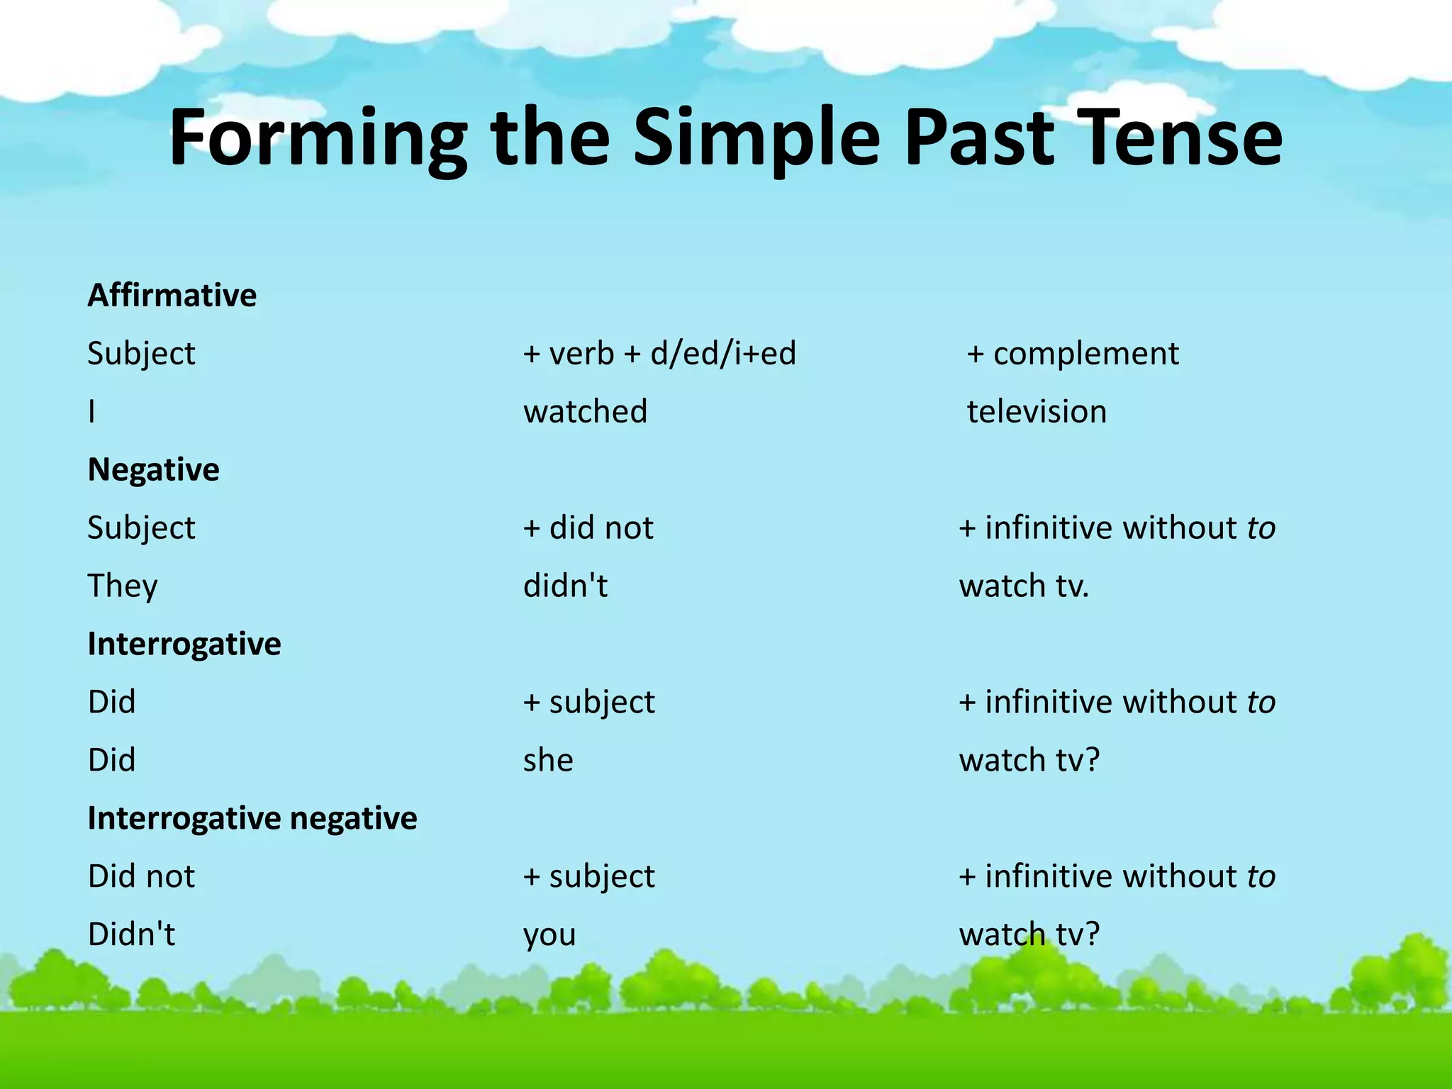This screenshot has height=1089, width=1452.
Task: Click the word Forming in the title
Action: pyautogui.click(x=318, y=138)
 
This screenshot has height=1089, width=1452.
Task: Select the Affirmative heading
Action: pyautogui.click(x=172, y=295)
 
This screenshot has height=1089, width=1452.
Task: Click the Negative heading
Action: pyautogui.click(x=153, y=469)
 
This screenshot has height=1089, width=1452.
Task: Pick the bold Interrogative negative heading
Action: pyautogui.click(x=252, y=818)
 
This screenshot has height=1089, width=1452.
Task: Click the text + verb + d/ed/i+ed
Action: pyautogui.click(x=659, y=353)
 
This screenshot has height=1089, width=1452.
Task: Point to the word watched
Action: pyautogui.click(x=585, y=411)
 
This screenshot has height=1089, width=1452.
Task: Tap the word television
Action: pyautogui.click(x=1037, y=411)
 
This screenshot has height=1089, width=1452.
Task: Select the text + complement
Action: pyautogui.click(x=1073, y=353)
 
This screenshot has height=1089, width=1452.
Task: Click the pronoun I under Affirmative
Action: pyautogui.click(x=91, y=411)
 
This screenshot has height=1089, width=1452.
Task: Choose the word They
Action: pyautogui.click(x=122, y=586)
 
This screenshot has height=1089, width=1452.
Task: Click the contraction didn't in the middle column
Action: pyautogui.click(x=565, y=586)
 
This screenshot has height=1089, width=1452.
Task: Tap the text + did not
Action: pyautogui.click(x=588, y=527)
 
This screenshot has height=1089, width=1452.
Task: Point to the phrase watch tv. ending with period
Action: pyautogui.click(x=1023, y=586)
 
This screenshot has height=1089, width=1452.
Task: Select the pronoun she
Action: pyautogui.click(x=548, y=760)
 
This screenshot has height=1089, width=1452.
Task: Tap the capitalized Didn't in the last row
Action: pyautogui.click(x=131, y=934)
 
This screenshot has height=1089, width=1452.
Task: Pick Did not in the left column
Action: pyautogui.click(x=141, y=876)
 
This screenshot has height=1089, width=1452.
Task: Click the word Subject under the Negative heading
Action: pyautogui.click(x=141, y=527)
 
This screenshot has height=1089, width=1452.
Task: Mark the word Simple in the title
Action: pyautogui.click(x=756, y=138)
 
